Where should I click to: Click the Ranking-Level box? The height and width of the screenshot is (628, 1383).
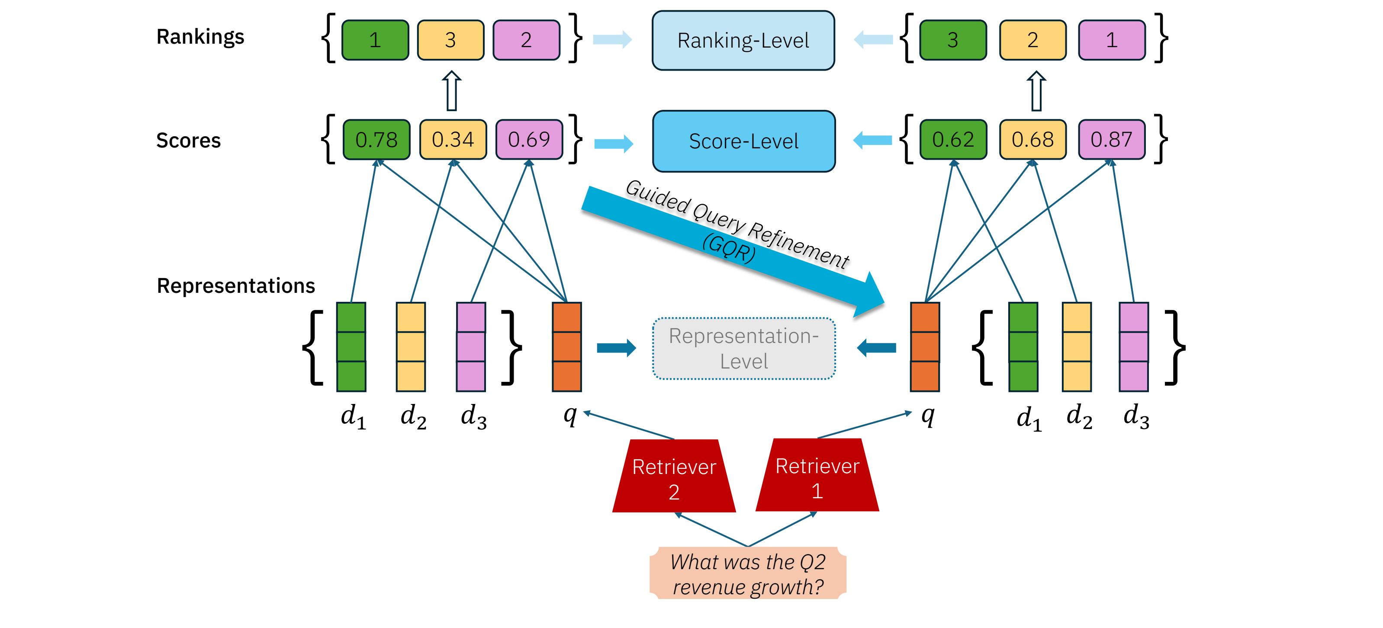pyautogui.click(x=743, y=40)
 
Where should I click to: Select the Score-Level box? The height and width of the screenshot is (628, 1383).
pyautogui.click(x=743, y=141)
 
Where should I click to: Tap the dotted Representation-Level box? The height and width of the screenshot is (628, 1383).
pyautogui.click(x=743, y=348)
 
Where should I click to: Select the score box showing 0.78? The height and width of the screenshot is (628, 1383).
pyautogui.click(x=376, y=140)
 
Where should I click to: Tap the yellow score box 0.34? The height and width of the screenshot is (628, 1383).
pyautogui.click(x=453, y=140)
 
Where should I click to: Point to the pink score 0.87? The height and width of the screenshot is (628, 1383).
pyautogui.click(x=1111, y=140)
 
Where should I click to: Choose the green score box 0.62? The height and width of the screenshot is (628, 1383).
pyautogui.click(x=953, y=140)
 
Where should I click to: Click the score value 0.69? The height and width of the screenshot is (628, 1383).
pyautogui.click(x=529, y=140)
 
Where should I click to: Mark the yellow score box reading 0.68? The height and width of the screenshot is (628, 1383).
pyautogui.click(x=1032, y=140)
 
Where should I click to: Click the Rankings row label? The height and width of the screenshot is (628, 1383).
pyautogui.click(x=200, y=36)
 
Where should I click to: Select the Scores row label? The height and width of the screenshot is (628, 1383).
pyautogui.click(x=188, y=141)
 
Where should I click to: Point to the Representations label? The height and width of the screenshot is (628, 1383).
pyautogui.click(x=236, y=285)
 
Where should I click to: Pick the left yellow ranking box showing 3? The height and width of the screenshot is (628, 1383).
pyautogui.click(x=450, y=40)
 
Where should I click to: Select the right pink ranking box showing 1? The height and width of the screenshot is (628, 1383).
pyautogui.click(x=1111, y=40)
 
